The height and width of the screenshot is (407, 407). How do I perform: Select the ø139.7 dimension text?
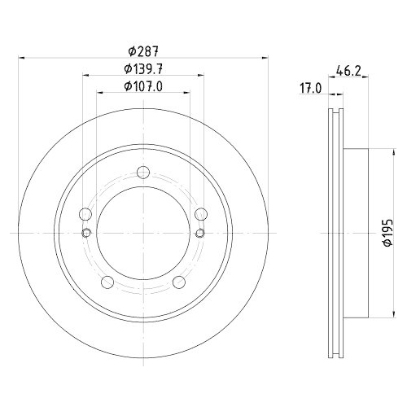(x=143, y=68)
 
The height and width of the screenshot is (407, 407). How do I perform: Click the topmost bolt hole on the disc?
(x=143, y=172)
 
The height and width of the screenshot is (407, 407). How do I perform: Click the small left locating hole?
(x=86, y=234)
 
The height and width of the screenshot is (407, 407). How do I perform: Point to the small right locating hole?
(x=200, y=234)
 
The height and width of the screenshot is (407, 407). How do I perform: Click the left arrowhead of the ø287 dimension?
(x=20, y=58)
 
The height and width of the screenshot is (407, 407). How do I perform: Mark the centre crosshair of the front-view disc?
(x=143, y=234)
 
